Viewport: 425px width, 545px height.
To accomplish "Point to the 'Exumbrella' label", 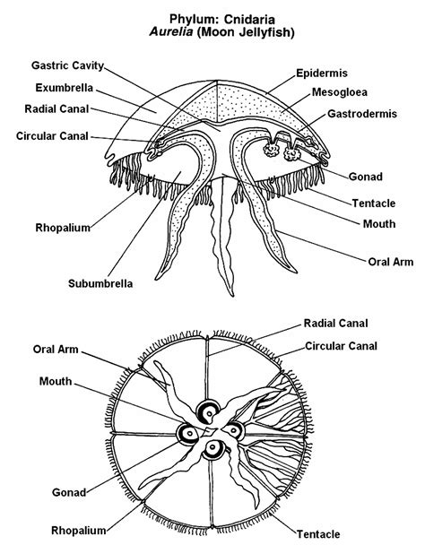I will click(x=64, y=89).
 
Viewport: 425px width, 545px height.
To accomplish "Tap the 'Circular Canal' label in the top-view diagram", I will click(x=341, y=345).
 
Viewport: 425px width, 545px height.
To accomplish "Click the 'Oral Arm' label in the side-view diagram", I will click(x=390, y=264).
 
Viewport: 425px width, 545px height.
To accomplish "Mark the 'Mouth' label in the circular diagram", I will click(x=58, y=381).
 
